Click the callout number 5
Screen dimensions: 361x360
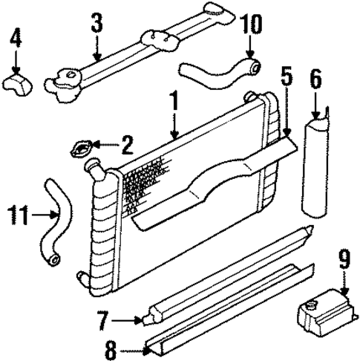click(x=287, y=76)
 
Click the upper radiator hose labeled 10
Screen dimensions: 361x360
click(x=219, y=73)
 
